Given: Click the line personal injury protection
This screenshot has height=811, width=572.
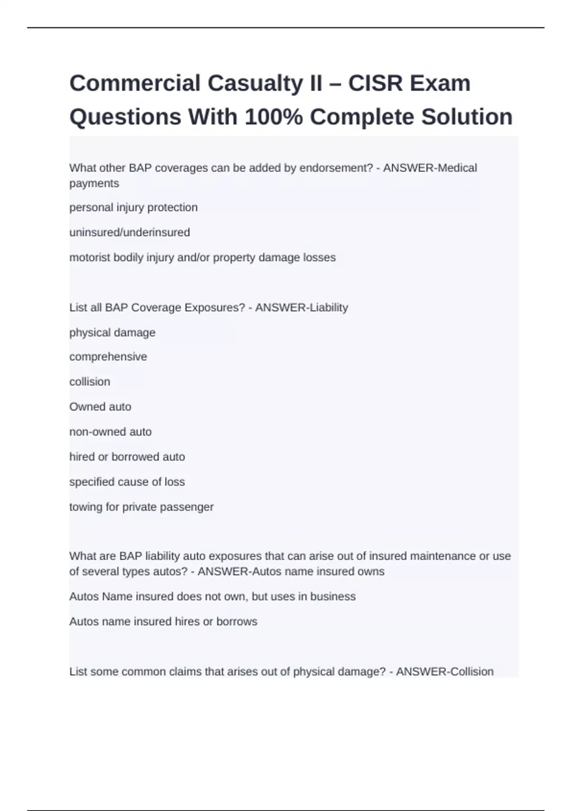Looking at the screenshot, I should tap(133, 208).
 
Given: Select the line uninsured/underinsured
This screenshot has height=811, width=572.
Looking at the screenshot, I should tap(130, 232).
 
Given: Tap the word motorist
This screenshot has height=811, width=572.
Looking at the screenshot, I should tap(90, 258).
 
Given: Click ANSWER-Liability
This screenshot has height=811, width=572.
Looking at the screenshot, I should tap(302, 308).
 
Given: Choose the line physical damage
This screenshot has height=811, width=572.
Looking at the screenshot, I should tap(112, 333).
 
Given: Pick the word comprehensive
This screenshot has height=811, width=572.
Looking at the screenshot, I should tap(108, 357).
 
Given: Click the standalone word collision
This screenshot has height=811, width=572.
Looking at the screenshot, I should tap(90, 382).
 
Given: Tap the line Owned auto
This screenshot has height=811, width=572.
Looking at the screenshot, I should tap(100, 407).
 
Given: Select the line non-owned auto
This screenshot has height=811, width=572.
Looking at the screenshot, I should tap(111, 432).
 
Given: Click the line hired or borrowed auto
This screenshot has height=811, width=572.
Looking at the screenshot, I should tap(127, 457).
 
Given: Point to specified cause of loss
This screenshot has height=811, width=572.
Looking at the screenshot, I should tap(127, 482).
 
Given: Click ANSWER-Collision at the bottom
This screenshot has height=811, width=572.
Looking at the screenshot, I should tap(445, 672).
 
